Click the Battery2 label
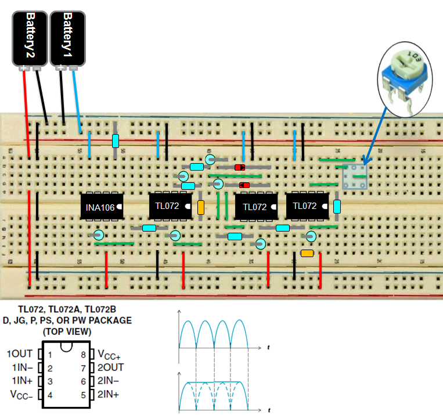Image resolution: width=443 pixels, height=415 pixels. [29, 37]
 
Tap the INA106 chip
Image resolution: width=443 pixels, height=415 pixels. [102, 206]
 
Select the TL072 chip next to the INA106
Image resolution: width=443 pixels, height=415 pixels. [171, 206]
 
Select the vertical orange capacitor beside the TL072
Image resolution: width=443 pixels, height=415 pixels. [201, 207]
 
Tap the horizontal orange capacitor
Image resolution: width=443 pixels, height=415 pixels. [307, 253]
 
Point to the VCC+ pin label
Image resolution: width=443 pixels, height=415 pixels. [109, 354]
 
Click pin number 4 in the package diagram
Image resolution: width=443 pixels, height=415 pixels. [50, 394]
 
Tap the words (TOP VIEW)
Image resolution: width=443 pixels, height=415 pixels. [67, 332]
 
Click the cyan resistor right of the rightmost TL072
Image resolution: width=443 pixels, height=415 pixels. [337, 207]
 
